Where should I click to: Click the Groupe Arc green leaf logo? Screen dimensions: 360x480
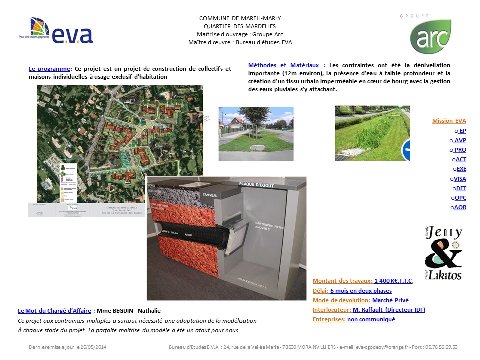click(x=430, y=36)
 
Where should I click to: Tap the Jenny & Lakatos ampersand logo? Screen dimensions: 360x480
click(x=443, y=253)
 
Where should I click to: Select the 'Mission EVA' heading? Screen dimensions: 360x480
click(x=449, y=121)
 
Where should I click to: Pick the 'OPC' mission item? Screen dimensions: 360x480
click(x=460, y=198)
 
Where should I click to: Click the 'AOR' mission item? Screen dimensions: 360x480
click(x=460, y=207)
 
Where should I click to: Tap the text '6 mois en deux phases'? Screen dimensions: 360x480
click(x=361, y=291)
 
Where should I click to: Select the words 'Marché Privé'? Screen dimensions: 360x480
click(x=390, y=300)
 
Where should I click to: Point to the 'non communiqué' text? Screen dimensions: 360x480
click(x=371, y=319)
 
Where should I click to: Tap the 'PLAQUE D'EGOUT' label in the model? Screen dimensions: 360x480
click(x=257, y=184)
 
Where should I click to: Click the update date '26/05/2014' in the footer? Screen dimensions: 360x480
click(x=92, y=347)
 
